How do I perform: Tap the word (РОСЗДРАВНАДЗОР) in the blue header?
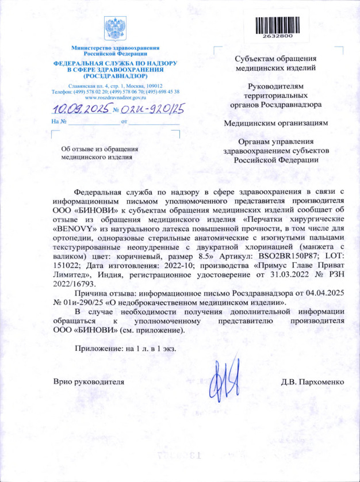[x=115, y=75]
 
